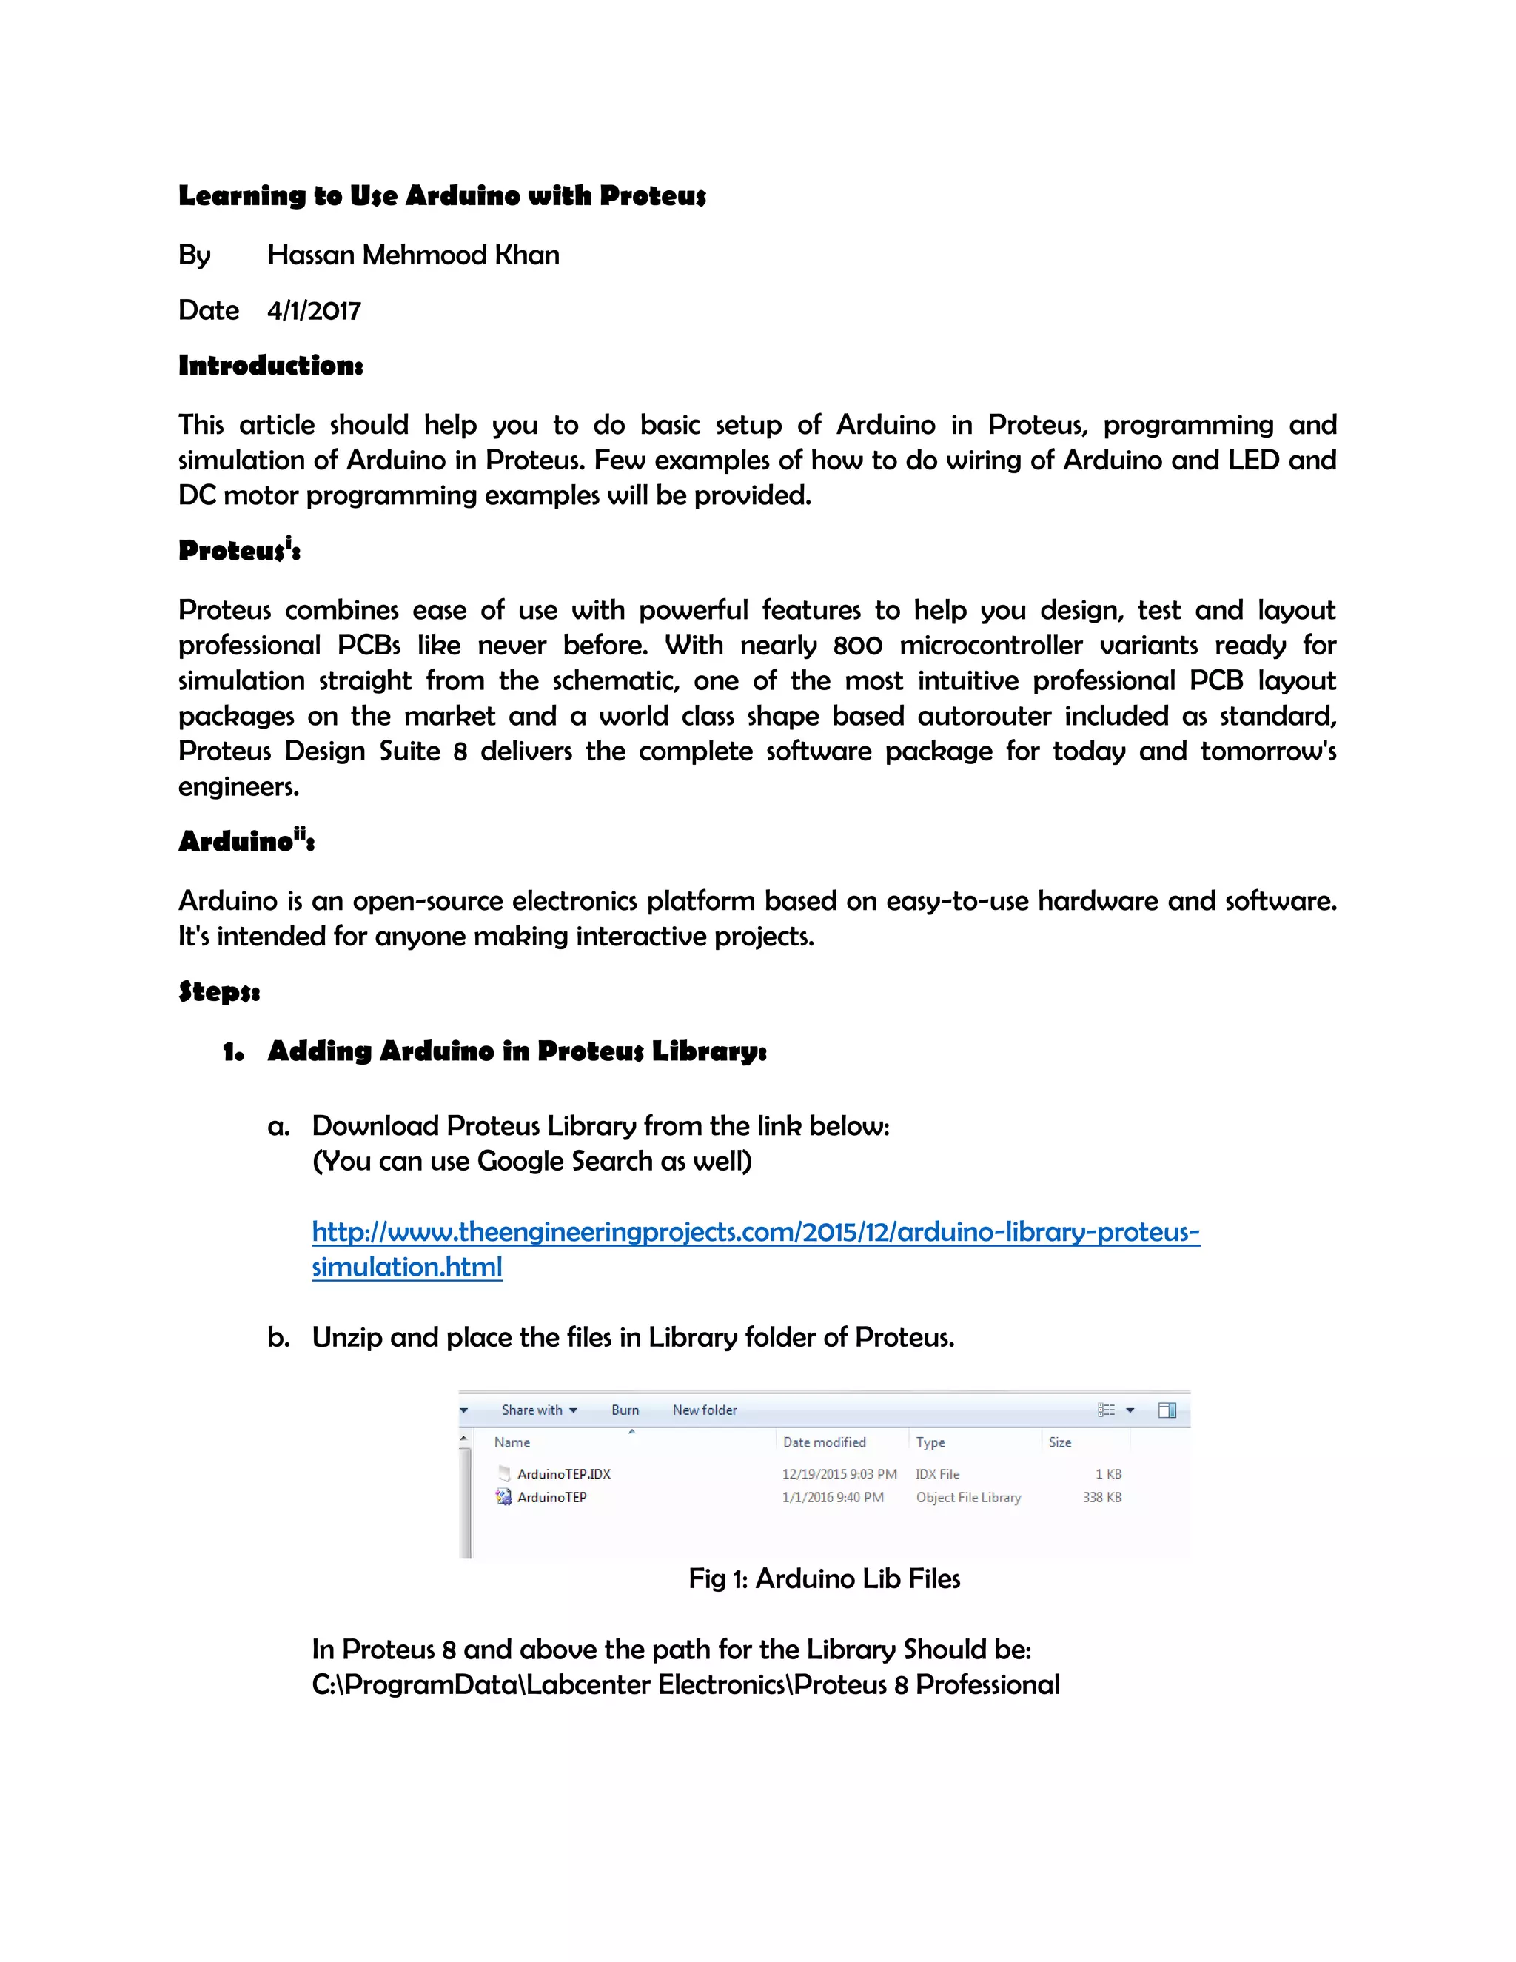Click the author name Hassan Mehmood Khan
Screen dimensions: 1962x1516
coord(413,255)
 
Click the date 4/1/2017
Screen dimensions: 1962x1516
coord(313,311)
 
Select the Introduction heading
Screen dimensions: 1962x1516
coord(270,366)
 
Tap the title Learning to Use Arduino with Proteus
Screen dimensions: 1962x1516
coord(442,196)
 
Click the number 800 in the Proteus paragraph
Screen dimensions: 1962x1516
coord(858,646)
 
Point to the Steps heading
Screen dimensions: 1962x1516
coord(219,992)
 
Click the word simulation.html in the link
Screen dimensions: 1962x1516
coord(407,1268)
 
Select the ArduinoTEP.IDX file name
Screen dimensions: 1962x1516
coord(563,1474)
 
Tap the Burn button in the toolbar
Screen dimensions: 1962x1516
coord(625,1410)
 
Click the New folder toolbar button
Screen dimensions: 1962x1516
coord(704,1410)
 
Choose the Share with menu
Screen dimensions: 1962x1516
coord(538,1410)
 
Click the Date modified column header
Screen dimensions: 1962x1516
coord(824,1442)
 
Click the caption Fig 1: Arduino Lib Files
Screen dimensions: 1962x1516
coord(824,1578)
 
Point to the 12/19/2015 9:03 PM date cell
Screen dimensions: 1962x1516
coord(839,1474)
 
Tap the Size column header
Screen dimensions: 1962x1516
coord(1060,1442)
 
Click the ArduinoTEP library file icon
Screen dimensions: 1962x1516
coord(504,1496)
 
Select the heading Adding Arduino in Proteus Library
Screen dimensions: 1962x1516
coord(517,1051)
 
